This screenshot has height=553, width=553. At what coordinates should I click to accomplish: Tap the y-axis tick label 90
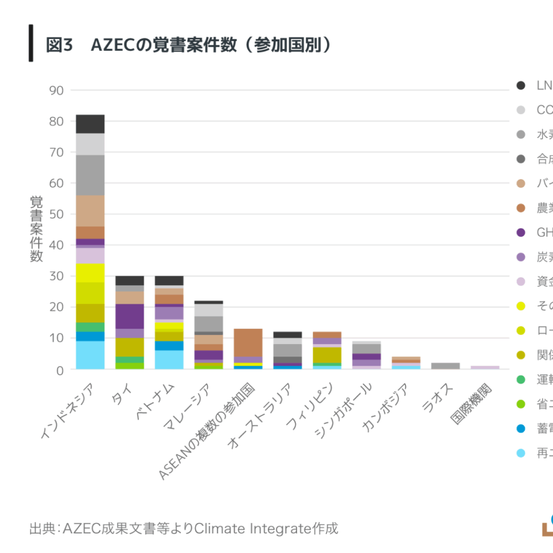pos(56,91)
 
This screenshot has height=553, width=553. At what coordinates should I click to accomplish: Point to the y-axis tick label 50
pos(56,214)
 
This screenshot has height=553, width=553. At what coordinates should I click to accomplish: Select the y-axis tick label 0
pos(60,369)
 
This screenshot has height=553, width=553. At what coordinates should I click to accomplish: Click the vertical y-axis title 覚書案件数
pos(36,229)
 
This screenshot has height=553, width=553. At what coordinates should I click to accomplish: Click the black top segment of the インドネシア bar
pos(90,124)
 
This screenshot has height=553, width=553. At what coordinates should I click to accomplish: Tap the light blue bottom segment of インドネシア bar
pos(90,355)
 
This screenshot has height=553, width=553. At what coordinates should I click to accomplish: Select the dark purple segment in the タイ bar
pos(130,316)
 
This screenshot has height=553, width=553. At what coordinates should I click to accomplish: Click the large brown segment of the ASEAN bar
pos(248,342)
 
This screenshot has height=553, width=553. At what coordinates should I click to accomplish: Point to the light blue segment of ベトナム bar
pos(169,360)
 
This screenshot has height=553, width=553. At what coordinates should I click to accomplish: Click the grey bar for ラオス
pos(445,366)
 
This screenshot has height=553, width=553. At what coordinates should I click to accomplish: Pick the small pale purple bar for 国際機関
pos(484,367)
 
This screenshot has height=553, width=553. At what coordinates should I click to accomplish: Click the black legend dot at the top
pos(521,85)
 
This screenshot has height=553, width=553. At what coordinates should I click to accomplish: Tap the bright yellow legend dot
pos(521,306)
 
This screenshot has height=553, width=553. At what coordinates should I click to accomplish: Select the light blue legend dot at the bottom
pos(521,454)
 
